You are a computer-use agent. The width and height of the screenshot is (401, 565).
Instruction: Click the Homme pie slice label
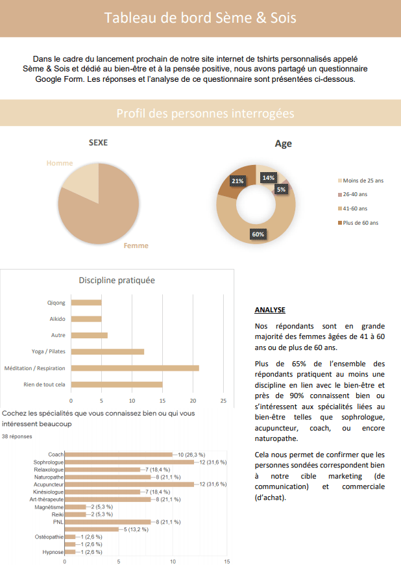point(60,163)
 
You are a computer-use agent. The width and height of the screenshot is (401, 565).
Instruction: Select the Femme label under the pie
point(136,245)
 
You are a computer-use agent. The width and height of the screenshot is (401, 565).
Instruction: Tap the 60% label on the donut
point(258,234)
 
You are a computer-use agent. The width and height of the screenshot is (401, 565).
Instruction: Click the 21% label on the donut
point(237,181)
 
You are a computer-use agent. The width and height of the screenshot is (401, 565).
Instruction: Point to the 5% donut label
point(281,190)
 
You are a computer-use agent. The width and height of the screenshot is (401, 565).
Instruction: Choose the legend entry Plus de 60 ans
point(360,223)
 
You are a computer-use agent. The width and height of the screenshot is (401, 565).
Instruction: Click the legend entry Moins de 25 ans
point(363,180)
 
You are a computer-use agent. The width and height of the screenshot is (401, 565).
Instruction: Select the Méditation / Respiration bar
point(135,368)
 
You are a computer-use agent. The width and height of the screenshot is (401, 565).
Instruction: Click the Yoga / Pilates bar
point(107,351)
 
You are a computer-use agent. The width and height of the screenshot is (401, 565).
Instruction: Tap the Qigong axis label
point(56,303)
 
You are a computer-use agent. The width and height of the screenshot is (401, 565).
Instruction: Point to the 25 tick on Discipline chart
point(223,400)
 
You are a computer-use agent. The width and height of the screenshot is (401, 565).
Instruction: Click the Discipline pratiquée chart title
point(117,281)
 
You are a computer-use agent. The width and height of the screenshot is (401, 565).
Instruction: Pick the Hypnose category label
point(53,552)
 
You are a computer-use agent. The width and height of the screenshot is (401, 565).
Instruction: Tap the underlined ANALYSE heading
point(270,310)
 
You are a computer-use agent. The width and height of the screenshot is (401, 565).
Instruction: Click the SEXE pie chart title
point(98,142)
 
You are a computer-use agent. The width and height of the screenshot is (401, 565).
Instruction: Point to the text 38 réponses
point(16,436)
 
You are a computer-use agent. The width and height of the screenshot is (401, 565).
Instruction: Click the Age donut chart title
point(283,144)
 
